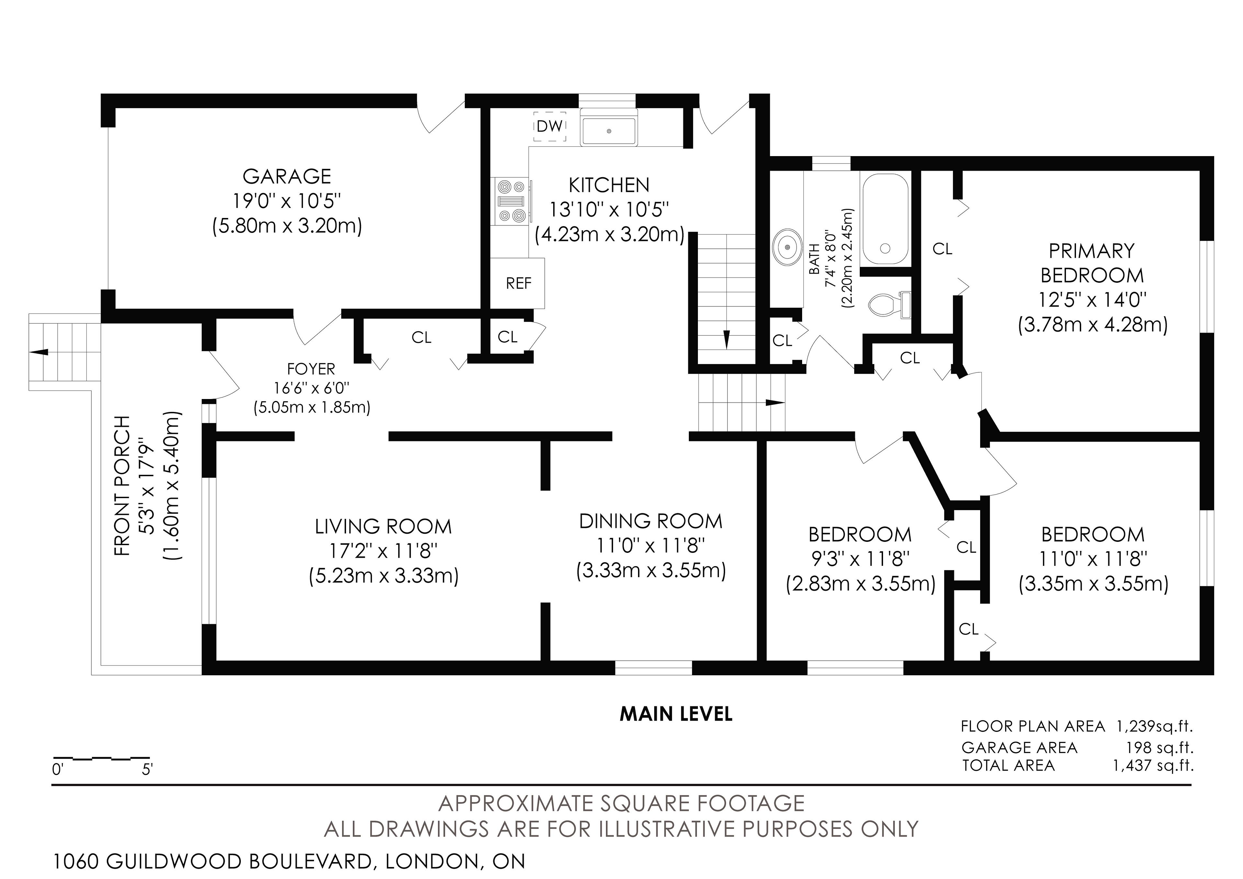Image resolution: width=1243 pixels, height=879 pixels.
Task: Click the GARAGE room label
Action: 286,177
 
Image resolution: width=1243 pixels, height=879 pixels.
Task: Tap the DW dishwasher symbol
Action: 550,127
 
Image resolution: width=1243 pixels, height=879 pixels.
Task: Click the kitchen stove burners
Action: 511,201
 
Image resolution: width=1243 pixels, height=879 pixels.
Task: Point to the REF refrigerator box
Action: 518,283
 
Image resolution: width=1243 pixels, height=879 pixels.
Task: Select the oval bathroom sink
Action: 787,247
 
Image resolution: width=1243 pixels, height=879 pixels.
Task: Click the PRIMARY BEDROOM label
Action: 1092,263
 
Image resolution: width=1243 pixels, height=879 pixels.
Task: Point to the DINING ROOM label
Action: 651,521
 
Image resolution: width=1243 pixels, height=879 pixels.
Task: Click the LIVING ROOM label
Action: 383,526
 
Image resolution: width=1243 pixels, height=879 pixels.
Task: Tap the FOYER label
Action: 311,369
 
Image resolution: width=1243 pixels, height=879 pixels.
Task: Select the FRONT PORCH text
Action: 123,486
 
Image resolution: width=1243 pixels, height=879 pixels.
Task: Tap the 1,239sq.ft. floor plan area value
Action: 1154,726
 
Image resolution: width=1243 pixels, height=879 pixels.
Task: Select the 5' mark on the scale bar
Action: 147,770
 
